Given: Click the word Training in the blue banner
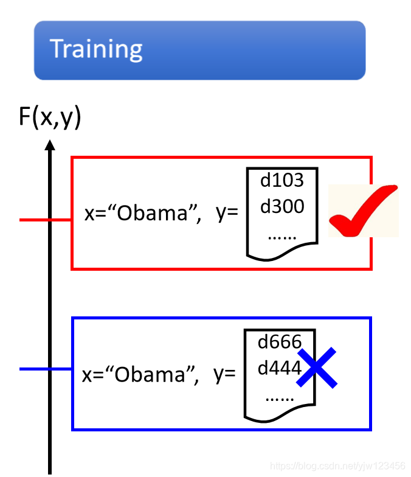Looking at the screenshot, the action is click(x=96, y=49).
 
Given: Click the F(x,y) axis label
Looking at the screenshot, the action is click(x=49, y=117).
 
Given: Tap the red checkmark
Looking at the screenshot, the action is click(x=363, y=211).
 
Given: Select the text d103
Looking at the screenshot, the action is click(x=281, y=180).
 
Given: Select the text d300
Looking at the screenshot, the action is click(x=281, y=207).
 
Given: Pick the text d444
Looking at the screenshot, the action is click(x=280, y=368).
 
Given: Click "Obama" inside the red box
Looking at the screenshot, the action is click(x=157, y=214).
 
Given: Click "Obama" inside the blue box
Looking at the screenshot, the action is click(x=155, y=374).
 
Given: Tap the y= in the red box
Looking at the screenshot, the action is click(x=227, y=214).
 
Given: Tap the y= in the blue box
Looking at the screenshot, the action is click(x=224, y=374).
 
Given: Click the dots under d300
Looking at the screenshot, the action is click(x=281, y=235).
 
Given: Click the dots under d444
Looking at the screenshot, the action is click(x=279, y=396).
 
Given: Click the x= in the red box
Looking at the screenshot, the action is click(x=95, y=214).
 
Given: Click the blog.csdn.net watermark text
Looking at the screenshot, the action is click(x=337, y=466).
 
